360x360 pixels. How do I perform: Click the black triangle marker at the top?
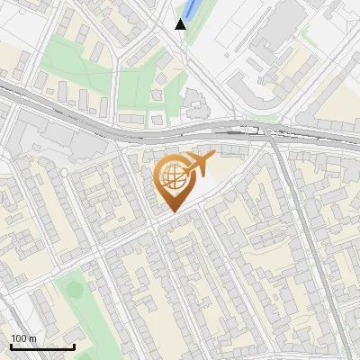point(181,24)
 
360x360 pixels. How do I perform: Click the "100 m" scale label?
point(23,338)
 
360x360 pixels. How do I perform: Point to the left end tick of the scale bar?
point(11,346)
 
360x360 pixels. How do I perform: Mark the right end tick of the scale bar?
point(74,346)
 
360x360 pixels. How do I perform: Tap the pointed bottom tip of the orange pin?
point(172,211)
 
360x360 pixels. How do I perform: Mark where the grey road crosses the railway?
point(272,137)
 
